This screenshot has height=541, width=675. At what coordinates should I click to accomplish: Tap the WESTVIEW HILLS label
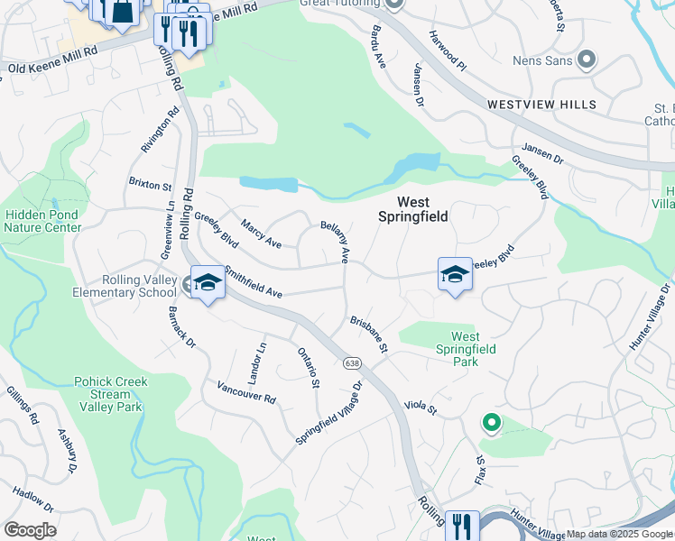click(541, 105)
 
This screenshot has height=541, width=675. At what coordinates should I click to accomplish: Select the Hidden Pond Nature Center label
click(42, 221)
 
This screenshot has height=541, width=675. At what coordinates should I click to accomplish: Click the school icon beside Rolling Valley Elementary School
click(207, 284)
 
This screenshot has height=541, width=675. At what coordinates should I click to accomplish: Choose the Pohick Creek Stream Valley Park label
click(109, 394)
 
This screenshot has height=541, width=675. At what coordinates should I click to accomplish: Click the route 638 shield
click(350, 362)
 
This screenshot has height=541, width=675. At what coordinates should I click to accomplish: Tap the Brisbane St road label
click(369, 335)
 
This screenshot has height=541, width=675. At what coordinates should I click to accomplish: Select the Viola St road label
click(421, 409)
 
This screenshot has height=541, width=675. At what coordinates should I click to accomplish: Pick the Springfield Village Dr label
click(329, 412)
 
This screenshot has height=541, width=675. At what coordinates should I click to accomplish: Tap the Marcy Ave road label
click(260, 234)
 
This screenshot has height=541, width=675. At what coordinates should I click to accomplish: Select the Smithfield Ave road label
click(254, 281)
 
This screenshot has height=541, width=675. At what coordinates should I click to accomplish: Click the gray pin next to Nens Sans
click(587, 60)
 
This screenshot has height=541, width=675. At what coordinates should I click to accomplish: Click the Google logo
click(29, 530)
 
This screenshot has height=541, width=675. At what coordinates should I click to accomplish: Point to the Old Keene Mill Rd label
click(52, 68)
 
